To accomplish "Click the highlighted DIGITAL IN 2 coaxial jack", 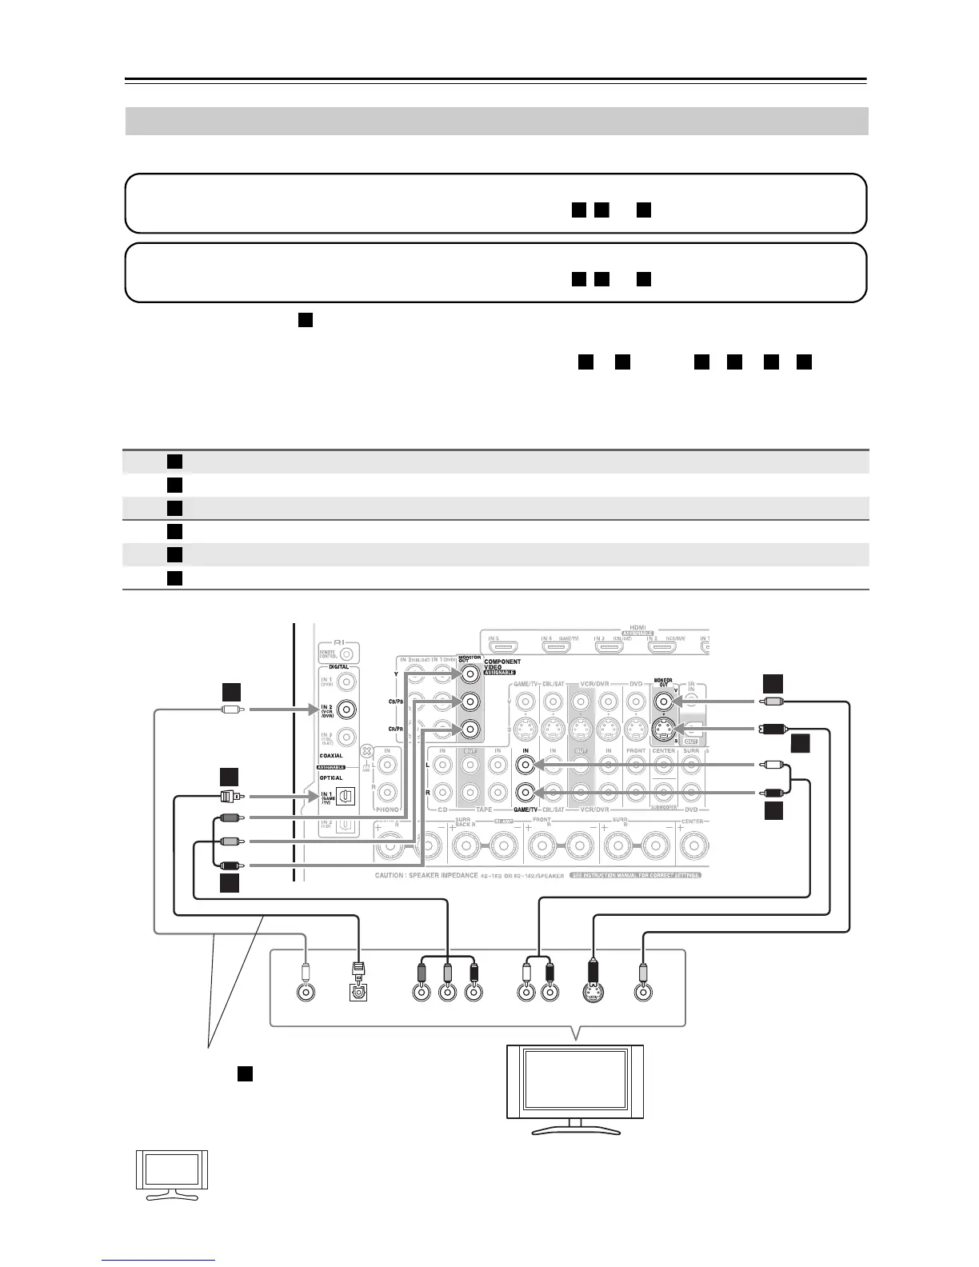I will tap(347, 709).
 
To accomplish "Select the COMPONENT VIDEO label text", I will tap(502, 665).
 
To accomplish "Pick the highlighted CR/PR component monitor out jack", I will tap(470, 729).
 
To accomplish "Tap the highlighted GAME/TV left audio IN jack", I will tap(525, 765).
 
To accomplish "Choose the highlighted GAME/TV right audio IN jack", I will tap(525, 793).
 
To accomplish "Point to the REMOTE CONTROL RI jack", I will tap(346, 652).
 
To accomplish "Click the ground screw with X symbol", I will tap(367, 752).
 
